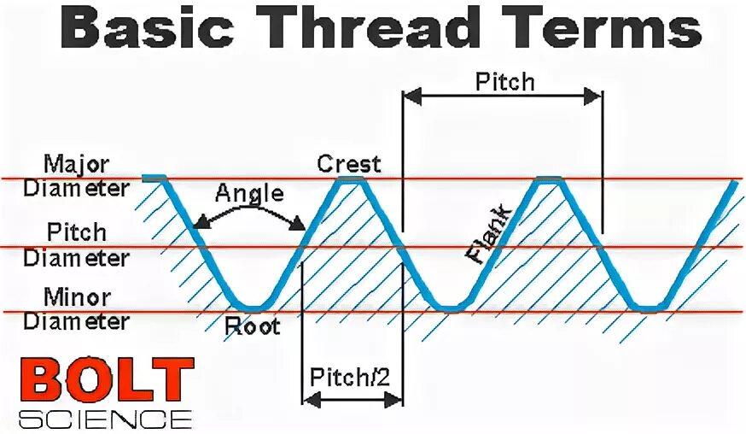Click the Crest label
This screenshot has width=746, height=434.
[348, 162]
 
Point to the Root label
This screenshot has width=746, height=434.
[252, 326]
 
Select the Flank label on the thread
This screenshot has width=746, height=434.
[489, 232]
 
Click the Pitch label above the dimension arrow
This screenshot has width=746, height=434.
[504, 81]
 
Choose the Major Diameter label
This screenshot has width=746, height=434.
[76, 174]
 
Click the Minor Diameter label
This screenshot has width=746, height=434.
[76, 309]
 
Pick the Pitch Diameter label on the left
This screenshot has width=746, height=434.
[76, 244]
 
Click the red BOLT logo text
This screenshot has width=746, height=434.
[107, 382]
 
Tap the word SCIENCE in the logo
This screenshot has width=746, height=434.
[105, 419]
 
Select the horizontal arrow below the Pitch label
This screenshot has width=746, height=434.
[503, 96]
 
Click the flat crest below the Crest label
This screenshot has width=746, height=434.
[350, 179]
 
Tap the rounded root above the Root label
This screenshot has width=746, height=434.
[252, 308]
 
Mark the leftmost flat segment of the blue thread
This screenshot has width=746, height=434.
[154, 178]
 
